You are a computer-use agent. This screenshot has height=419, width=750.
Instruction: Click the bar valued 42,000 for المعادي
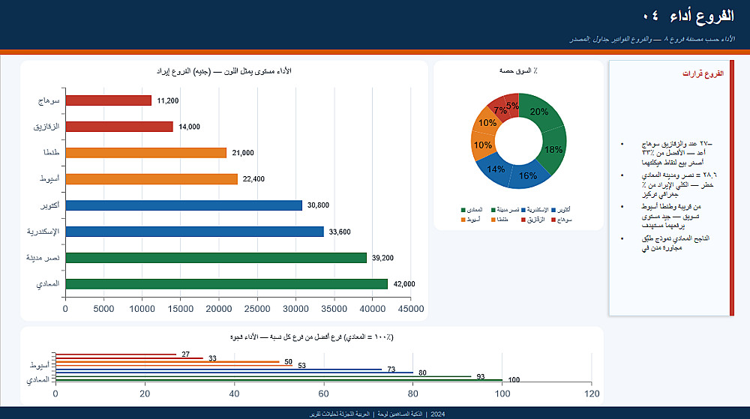pos(226,284)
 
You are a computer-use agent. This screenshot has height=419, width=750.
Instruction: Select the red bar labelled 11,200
pos(108,100)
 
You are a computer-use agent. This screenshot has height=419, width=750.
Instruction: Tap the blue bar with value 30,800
pos(183,205)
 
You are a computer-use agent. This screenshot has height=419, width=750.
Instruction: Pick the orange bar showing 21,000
pos(145,153)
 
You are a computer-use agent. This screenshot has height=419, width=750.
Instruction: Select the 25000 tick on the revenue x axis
pos(257,308)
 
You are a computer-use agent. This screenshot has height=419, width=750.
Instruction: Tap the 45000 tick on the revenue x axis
pos(411,308)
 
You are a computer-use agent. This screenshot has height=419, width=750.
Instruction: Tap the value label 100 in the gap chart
pos(514,380)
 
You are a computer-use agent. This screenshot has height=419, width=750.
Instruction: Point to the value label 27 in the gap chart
pos(186,354)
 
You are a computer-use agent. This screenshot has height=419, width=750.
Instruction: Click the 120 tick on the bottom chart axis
pos(591,394)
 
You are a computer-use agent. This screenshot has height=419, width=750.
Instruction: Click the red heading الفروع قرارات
pos(703,74)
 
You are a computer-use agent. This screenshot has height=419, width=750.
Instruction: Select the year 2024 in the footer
pos(438,414)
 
